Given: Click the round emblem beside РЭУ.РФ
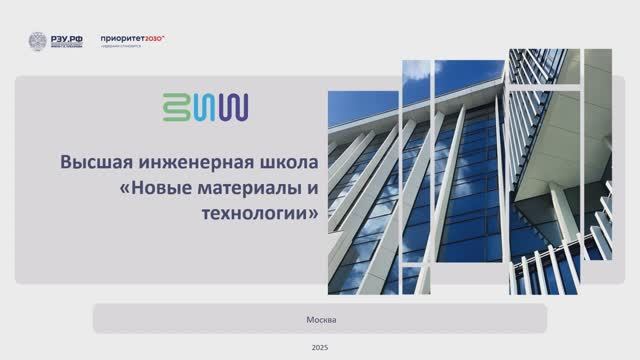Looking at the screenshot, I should tap(37, 42).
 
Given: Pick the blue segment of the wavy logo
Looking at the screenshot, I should tap(205, 107).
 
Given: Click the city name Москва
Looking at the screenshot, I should tap(320, 319).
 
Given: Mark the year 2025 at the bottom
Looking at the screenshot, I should tap(320, 347).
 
